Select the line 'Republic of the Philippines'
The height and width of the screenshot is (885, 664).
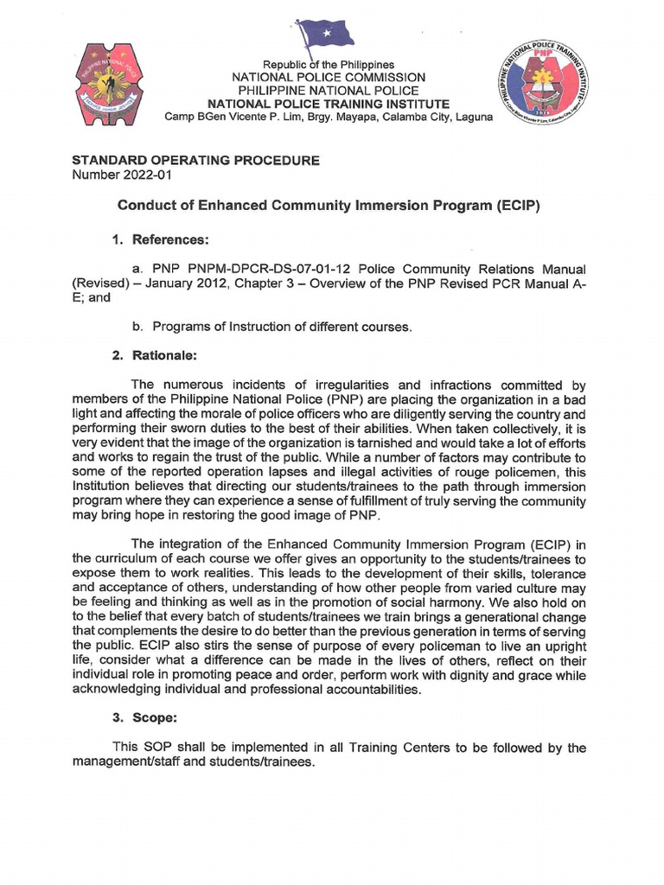pyautogui.click(x=328, y=65)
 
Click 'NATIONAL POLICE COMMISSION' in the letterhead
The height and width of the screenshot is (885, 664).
pyautogui.click(x=328, y=78)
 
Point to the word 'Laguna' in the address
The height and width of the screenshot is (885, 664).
pyautogui.click(x=472, y=117)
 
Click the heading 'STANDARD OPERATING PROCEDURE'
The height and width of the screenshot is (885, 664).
pyautogui.click(x=195, y=161)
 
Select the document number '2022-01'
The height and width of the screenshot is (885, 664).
pyautogui.click(x=148, y=175)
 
